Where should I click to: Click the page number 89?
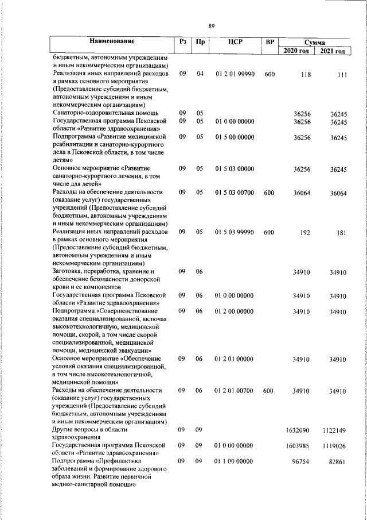point(212,26)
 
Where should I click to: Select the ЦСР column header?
point(235,41)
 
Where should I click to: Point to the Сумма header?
point(315,43)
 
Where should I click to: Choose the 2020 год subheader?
point(297,51)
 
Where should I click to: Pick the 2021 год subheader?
point(333,51)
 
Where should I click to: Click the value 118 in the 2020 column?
point(305,74)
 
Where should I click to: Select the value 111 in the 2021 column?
point(342,74)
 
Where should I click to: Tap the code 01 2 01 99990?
point(235,74)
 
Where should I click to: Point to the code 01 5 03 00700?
point(235,192)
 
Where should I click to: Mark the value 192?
point(305,232)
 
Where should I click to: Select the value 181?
point(342,232)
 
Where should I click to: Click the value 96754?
point(302,461)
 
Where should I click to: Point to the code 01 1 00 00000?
point(235,461)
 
